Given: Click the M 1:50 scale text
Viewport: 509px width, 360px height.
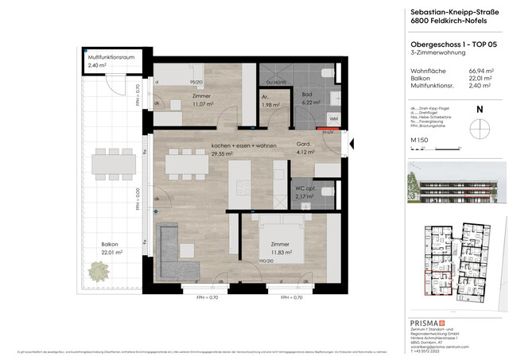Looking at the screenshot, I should [x=420, y=140].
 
